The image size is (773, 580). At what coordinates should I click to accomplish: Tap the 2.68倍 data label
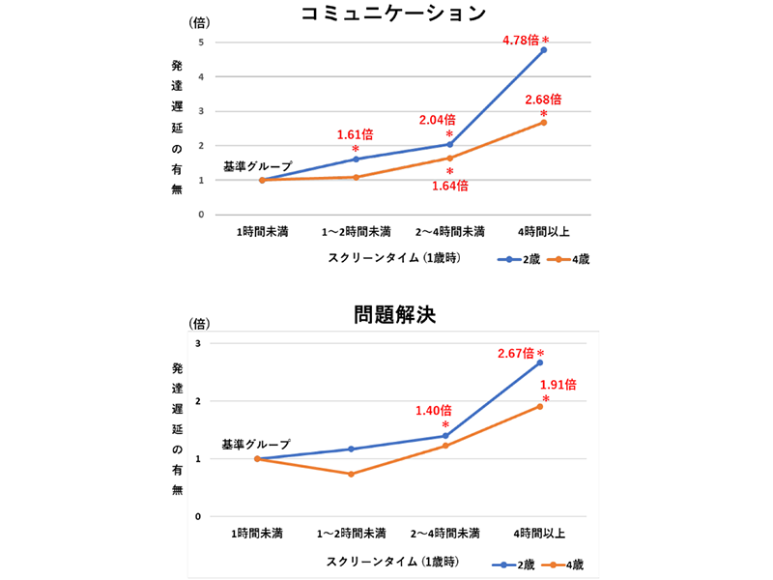(x=543, y=99)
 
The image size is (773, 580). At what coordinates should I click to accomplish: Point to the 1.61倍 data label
(x=355, y=134)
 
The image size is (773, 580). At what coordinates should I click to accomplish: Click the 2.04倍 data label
(x=437, y=120)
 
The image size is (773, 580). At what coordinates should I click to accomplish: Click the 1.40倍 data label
(x=434, y=410)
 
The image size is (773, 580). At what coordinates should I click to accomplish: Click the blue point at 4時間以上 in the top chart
(x=544, y=50)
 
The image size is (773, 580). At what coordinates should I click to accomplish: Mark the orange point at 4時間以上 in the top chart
(x=544, y=123)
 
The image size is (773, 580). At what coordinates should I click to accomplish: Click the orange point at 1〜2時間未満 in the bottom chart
(x=351, y=474)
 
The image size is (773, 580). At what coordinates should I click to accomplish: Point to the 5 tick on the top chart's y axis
(x=200, y=43)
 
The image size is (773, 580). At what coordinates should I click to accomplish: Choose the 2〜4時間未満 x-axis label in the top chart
(x=449, y=232)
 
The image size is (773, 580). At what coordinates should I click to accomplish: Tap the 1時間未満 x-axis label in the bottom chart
(x=257, y=533)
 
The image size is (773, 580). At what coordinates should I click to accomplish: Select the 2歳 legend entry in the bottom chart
(x=512, y=563)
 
